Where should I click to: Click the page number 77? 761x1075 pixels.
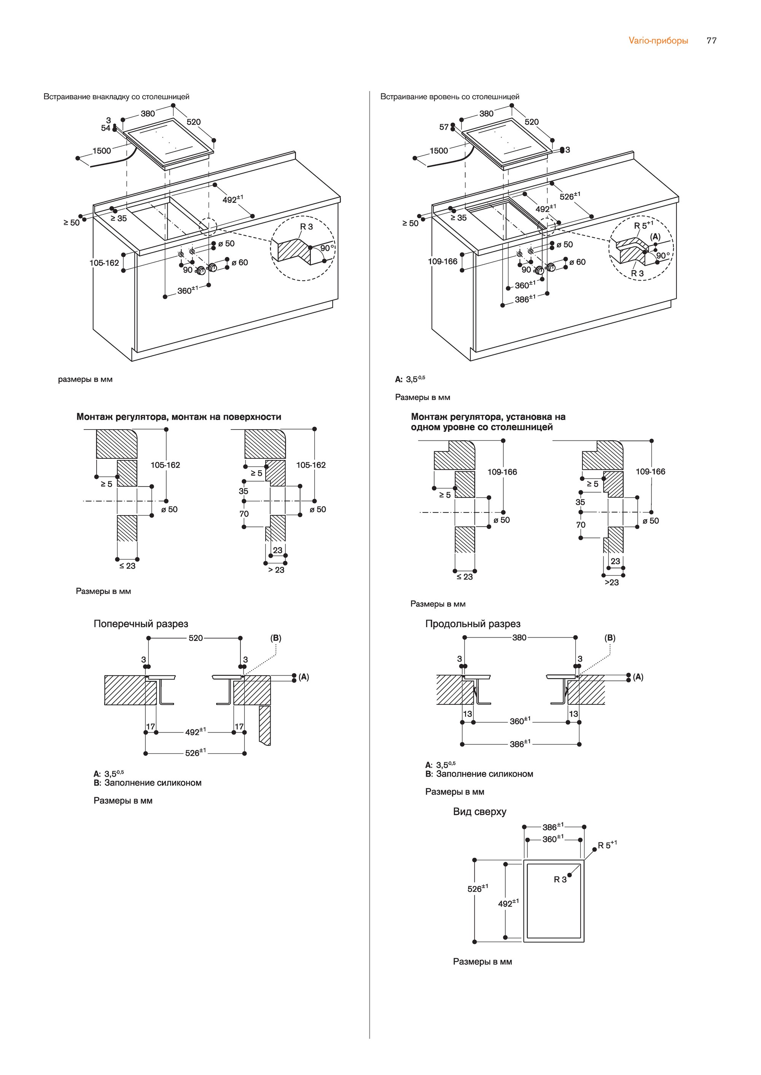[711, 41]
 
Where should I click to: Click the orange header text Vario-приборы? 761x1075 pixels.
[658, 41]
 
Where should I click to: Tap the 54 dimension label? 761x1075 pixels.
[105, 128]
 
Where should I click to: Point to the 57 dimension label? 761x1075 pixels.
[444, 127]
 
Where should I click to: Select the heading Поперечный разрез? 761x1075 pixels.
[140, 624]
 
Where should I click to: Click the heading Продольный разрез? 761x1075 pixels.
[472, 624]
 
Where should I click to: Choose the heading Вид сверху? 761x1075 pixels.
[479, 812]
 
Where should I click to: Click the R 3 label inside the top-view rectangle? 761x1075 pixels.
[560, 880]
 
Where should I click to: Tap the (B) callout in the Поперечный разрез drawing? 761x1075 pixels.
[275, 638]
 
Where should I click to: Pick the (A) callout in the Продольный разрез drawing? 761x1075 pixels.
[638, 677]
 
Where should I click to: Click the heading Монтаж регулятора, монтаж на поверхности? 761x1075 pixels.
[178, 417]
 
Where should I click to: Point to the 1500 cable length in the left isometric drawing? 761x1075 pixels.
[102, 151]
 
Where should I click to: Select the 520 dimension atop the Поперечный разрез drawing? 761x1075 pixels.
[196, 638]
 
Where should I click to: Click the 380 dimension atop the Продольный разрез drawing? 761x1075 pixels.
[519, 637]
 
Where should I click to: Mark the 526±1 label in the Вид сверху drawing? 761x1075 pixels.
[478, 888]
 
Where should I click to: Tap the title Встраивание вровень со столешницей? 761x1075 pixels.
[449, 97]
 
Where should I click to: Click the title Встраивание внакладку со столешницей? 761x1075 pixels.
[116, 97]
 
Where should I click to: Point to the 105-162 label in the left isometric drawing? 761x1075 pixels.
[104, 263]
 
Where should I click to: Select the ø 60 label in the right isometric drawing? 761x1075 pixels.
[577, 262]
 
